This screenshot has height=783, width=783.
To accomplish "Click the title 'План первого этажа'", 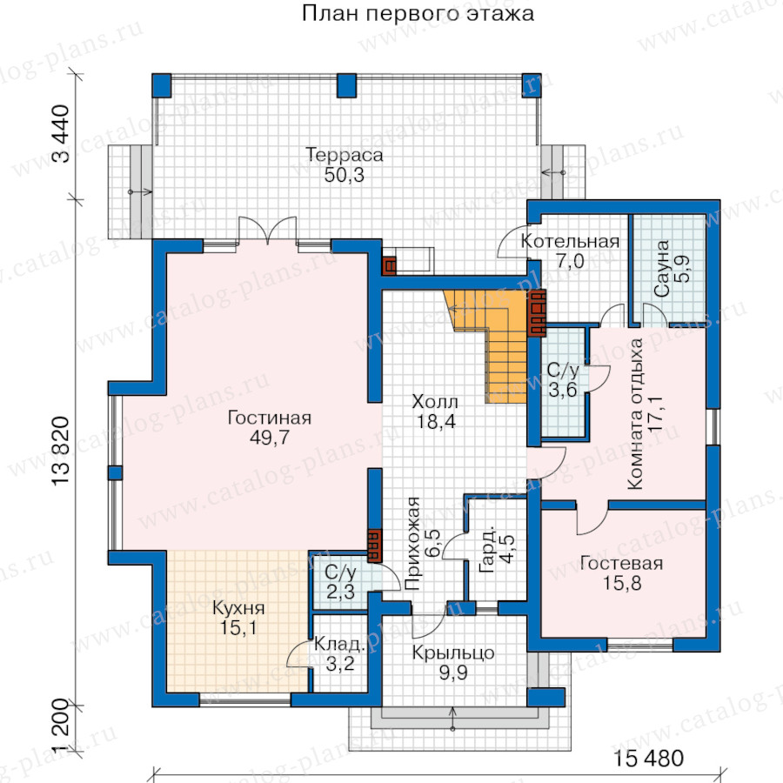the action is [418, 13].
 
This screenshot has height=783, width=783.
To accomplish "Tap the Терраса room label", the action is [344, 154].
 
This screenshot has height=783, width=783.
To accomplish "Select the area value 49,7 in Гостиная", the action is [269, 438].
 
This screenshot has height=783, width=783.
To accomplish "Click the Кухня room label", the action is [238, 608].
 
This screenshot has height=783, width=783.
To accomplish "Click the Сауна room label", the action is [661, 269].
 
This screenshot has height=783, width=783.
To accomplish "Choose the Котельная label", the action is [570, 241].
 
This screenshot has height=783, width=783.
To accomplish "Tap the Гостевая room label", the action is [621, 563].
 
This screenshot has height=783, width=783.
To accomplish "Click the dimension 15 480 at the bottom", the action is [647, 758].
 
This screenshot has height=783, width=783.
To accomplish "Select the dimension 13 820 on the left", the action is [60, 452].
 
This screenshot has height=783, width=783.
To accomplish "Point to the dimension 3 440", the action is [61, 133].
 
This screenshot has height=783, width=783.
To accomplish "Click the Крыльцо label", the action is [453, 652].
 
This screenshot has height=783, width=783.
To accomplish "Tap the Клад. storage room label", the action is [339, 644].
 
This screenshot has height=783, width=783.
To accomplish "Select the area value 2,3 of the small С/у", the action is [340, 592].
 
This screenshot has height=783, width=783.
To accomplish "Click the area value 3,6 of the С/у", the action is [563, 390].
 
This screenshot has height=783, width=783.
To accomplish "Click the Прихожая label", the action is [413, 543].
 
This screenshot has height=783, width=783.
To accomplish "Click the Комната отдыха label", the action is [635, 414].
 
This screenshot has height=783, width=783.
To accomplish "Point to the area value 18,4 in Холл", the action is [436, 421].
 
